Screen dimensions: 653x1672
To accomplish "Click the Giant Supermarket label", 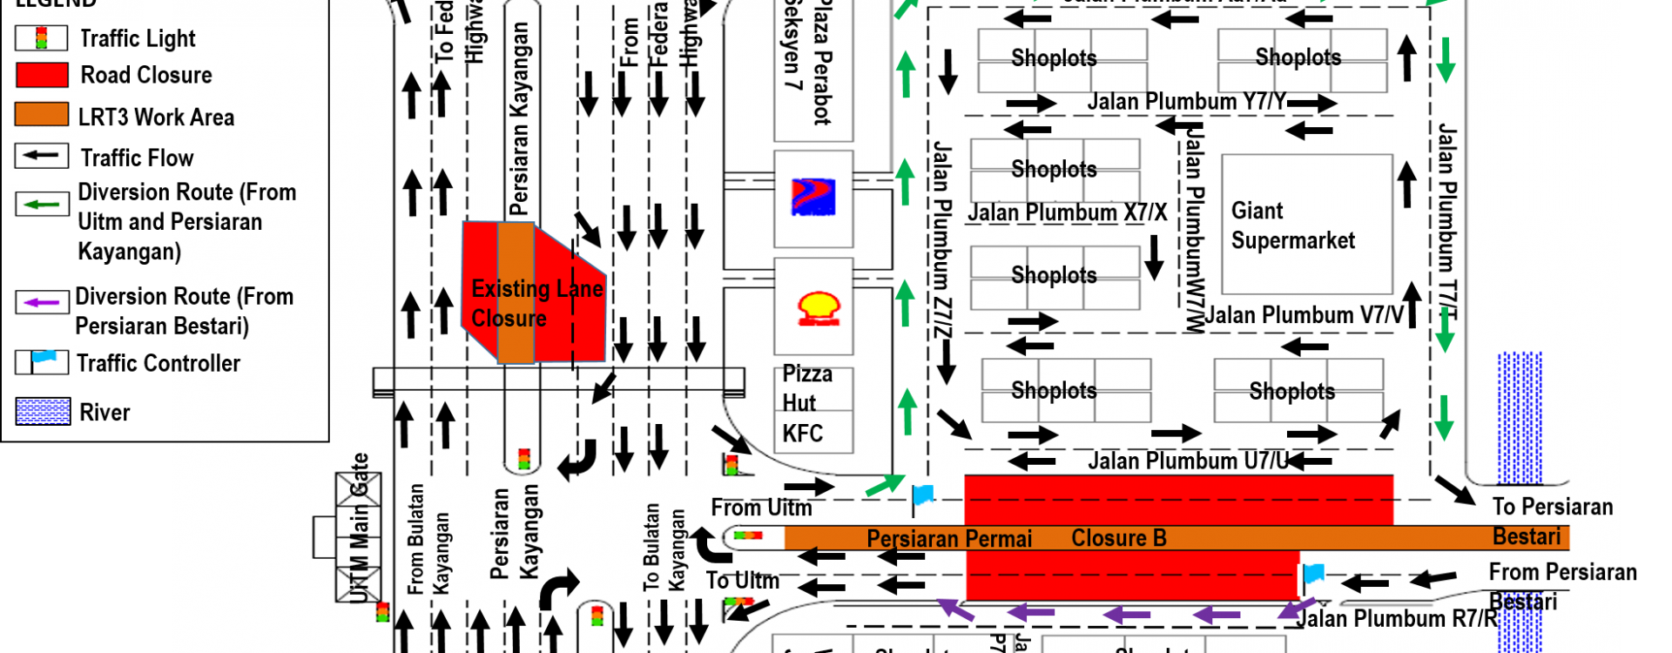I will pyautogui.click(x=1292, y=226).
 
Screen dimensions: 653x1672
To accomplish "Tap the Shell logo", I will pyautogui.click(x=818, y=308).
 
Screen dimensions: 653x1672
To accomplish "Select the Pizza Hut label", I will pyautogui.click(x=806, y=388).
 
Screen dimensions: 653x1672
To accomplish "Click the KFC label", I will pyautogui.click(x=802, y=434).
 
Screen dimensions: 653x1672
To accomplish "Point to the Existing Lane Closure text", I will pyautogui.click(x=536, y=303).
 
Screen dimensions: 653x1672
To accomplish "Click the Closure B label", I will pyautogui.click(x=1118, y=538).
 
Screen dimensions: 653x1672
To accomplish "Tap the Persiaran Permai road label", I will pyautogui.click(x=948, y=539).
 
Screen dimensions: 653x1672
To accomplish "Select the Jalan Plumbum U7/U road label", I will pyautogui.click(x=1188, y=461).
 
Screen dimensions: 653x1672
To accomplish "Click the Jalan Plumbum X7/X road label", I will pyautogui.click(x=1067, y=213).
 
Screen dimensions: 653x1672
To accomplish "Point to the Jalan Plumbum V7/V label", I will pyautogui.click(x=1304, y=315).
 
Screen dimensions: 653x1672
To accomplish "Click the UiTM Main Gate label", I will pyautogui.click(x=360, y=527).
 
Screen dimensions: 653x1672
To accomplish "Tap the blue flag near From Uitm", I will pyautogui.click(x=922, y=496).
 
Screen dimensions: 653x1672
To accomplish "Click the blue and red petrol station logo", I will pyautogui.click(x=813, y=196).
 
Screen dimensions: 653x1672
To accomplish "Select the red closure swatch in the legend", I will pyautogui.click(x=42, y=75).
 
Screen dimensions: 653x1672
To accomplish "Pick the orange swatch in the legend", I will pyautogui.click(x=42, y=114).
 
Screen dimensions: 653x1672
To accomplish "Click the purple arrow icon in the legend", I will pyautogui.click(x=42, y=303).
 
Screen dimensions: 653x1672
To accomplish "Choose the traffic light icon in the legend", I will pyautogui.click(x=41, y=37).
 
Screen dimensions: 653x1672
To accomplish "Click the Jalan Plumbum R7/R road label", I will pyautogui.click(x=1397, y=619).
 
